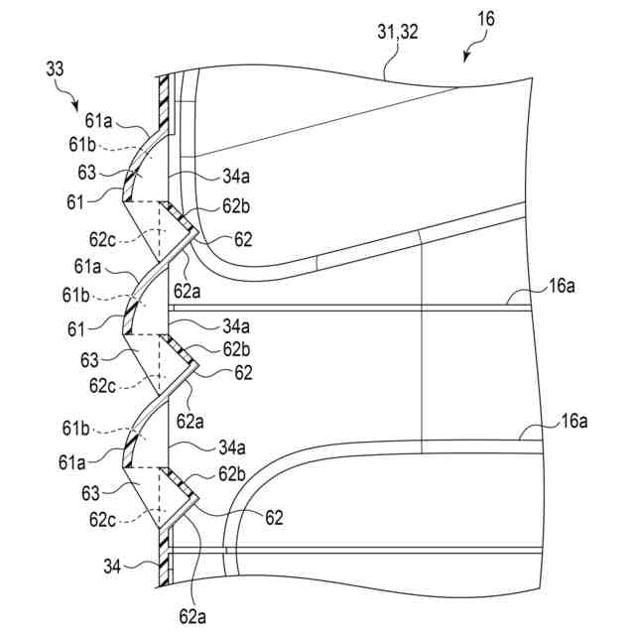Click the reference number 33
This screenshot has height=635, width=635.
click(x=58, y=69)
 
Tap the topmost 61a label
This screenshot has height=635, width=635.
click(x=97, y=122)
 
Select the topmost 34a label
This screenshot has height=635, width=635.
click(x=236, y=178)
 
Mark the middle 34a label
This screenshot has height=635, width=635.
click(x=236, y=325)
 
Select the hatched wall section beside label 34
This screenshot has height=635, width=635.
click(x=165, y=566)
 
